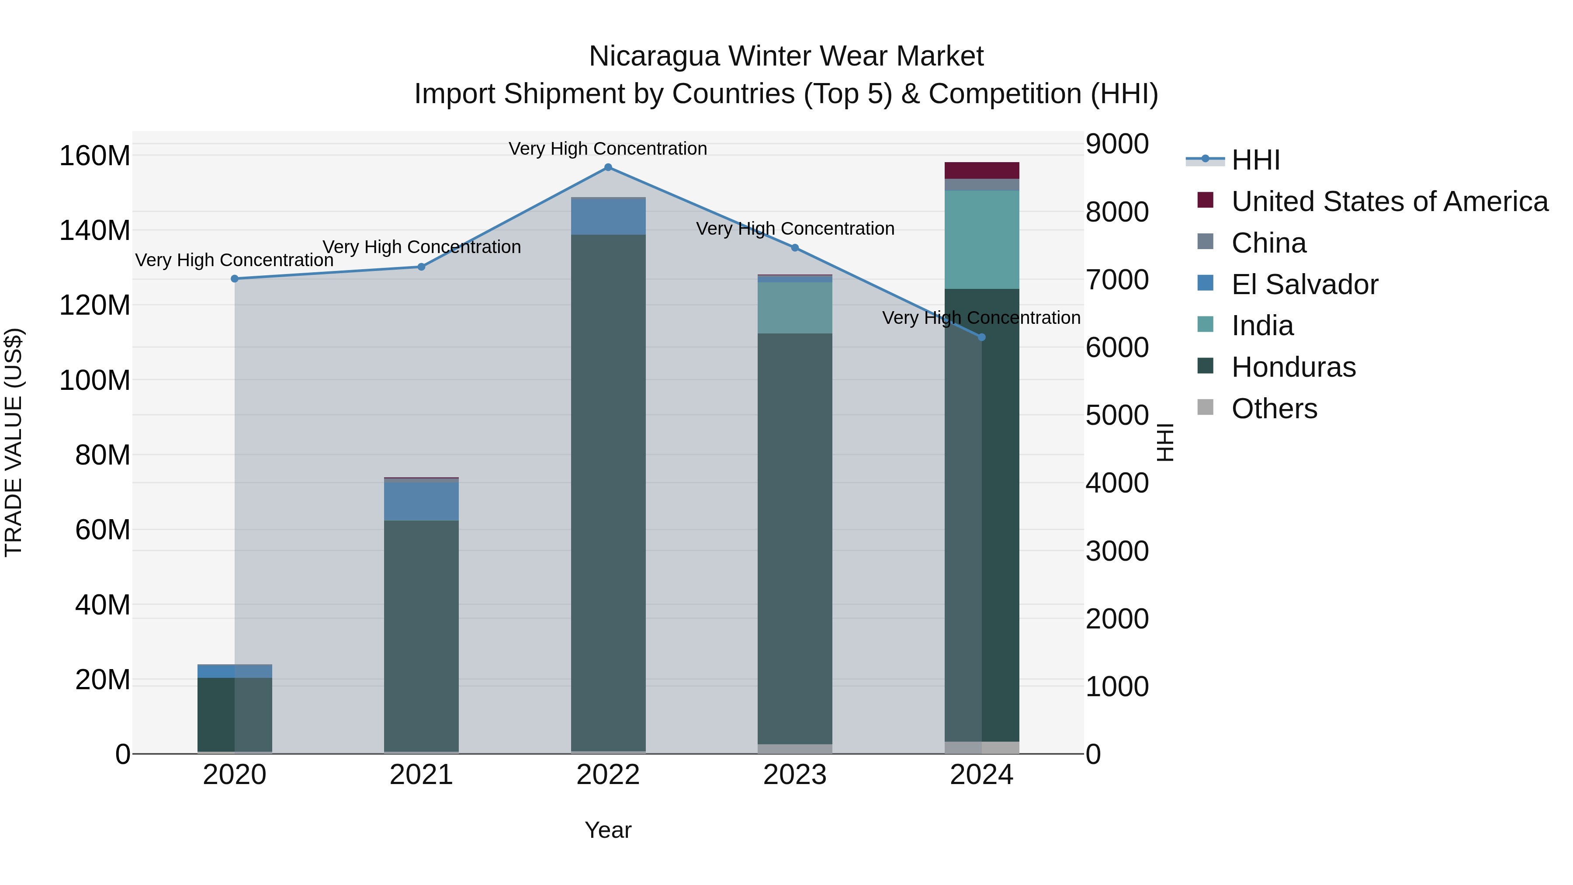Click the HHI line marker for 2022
click(608, 167)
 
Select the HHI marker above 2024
click(981, 337)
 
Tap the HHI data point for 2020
click(235, 278)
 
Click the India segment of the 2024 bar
click(981, 239)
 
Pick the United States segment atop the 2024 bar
click(981, 170)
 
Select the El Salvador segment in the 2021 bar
click(421, 501)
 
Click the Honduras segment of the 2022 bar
click(608, 489)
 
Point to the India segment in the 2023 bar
click(794, 307)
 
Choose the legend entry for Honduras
click(1293, 367)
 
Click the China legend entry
click(1268, 243)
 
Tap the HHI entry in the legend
click(1255, 160)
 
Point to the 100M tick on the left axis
click(95, 381)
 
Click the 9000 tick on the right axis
click(1117, 144)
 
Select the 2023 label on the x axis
click(794, 775)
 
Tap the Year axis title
click(608, 830)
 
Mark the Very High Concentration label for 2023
click(794, 229)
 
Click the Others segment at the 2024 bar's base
click(981, 748)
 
